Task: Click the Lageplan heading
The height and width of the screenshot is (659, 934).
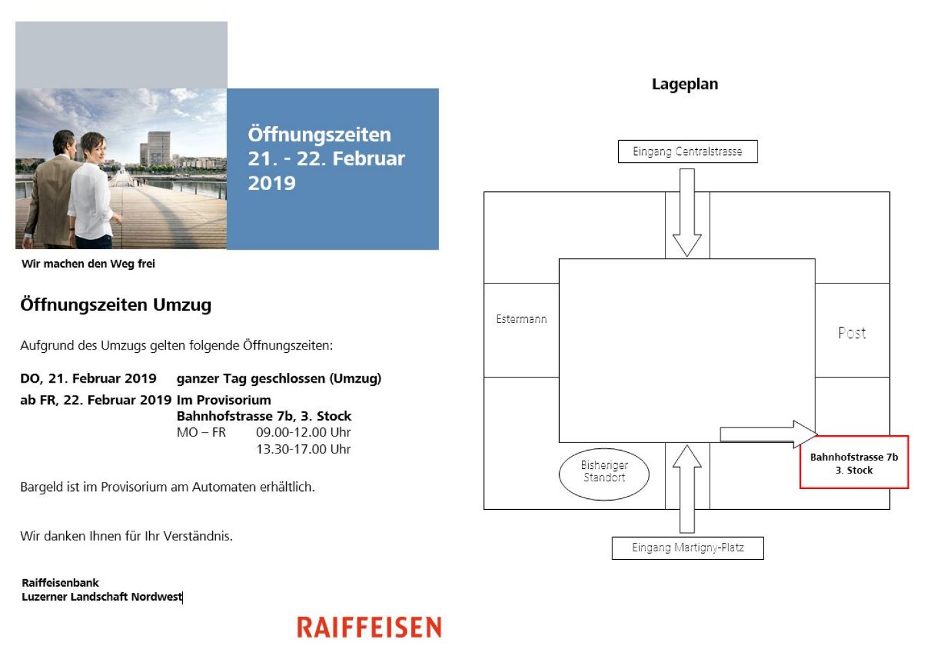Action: (684, 84)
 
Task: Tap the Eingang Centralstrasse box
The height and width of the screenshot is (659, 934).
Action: (688, 152)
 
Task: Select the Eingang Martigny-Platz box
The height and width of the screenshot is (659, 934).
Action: (688, 548)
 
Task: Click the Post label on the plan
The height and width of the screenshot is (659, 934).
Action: (852, 333)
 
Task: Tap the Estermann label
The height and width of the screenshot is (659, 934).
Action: (521, 319)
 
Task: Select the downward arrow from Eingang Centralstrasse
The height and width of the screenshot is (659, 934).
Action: (687, 214)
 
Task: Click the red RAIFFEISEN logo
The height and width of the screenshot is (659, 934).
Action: (369, 627)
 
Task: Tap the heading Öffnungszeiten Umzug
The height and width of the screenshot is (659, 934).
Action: (116, 305)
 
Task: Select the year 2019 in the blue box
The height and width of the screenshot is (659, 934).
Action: (272, 184)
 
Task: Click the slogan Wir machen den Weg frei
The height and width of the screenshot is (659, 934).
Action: (88, 264)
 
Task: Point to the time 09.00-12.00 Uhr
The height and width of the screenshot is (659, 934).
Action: (303, 433)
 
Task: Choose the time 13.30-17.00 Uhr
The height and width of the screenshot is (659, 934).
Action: (303, 449)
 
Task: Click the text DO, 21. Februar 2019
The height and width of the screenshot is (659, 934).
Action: (88, 379)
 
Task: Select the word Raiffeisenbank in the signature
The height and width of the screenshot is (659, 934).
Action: (60, 583)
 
